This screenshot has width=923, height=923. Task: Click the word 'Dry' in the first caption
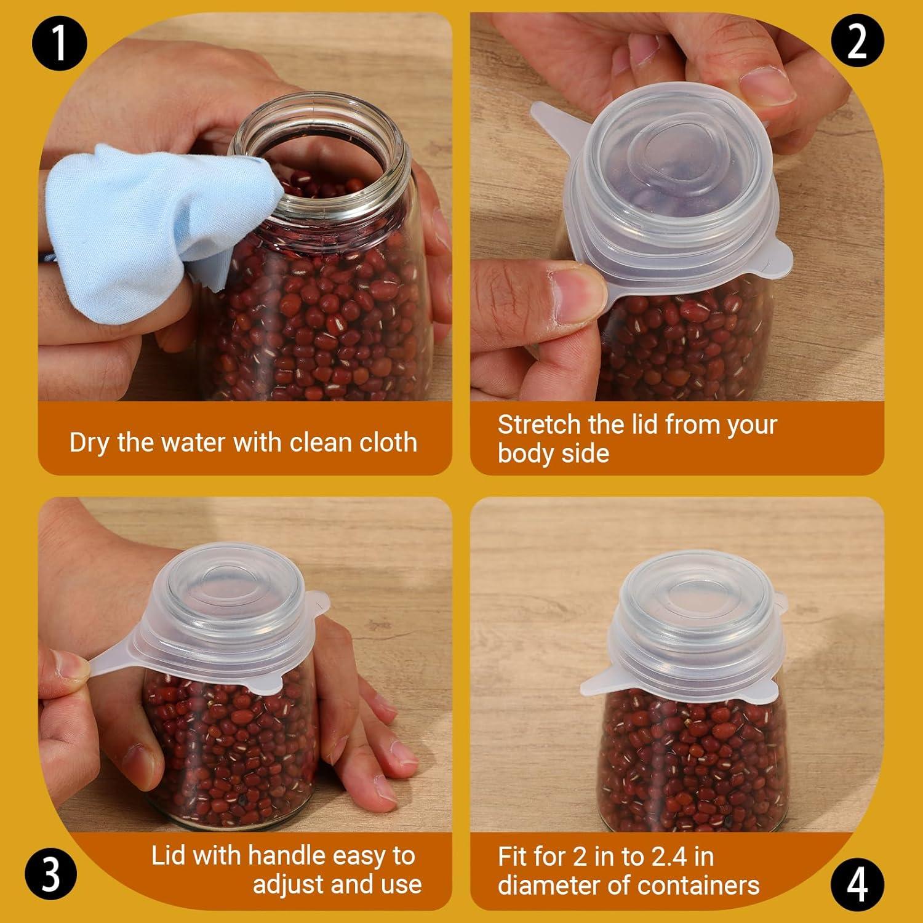90,442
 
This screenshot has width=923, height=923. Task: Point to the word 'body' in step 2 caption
523,454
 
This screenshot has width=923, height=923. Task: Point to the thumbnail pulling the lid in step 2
578,292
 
